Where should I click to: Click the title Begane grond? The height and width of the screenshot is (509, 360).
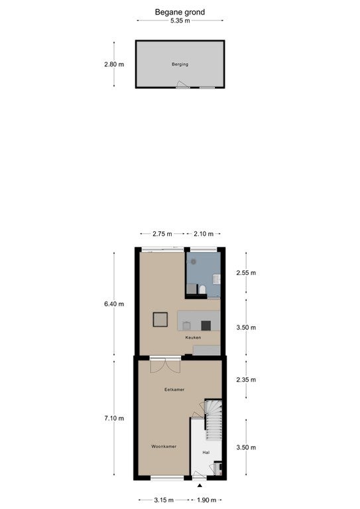(180, 13)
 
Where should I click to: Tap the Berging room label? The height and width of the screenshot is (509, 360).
(180, 64)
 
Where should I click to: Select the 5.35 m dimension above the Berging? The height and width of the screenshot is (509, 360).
(180, 21)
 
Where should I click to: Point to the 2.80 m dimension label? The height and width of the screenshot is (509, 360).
(114, 64)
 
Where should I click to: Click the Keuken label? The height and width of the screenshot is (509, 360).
(193, 337)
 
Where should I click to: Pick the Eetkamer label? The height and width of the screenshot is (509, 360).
(174, 390)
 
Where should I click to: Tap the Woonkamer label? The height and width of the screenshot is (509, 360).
(164, 447)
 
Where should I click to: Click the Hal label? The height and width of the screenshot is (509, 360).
(206, 453)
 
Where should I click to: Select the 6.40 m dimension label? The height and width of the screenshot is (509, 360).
(114, 304)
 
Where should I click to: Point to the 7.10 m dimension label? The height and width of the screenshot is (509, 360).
(114, 418)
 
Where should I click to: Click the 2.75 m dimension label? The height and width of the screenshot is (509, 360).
(162, 234)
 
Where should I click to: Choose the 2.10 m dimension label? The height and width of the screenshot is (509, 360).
(204, 234)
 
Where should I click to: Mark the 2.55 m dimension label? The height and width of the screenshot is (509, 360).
(246, 273)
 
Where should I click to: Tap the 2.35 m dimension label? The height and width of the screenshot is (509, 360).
(246, 380)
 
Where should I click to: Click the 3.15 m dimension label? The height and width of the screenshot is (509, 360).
(164, 500)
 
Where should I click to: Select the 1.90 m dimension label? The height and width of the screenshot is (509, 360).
(207, 500)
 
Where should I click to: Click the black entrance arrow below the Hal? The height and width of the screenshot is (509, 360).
(200, 486)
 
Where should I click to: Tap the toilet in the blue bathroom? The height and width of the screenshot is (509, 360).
(202, 289)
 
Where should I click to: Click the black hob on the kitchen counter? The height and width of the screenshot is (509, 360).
(206, 325)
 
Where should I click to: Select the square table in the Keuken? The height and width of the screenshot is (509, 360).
(160, 319)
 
